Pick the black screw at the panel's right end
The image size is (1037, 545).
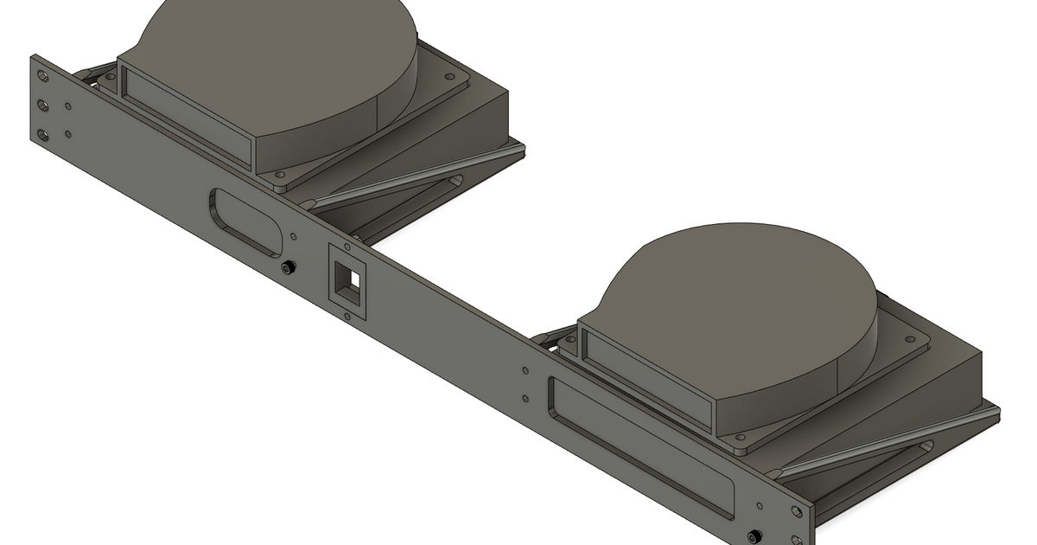click(757, 535)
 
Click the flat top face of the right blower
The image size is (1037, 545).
click(735, 303)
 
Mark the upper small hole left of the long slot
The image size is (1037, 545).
click(526, 371)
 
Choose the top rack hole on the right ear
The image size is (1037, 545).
click(796, 512)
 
